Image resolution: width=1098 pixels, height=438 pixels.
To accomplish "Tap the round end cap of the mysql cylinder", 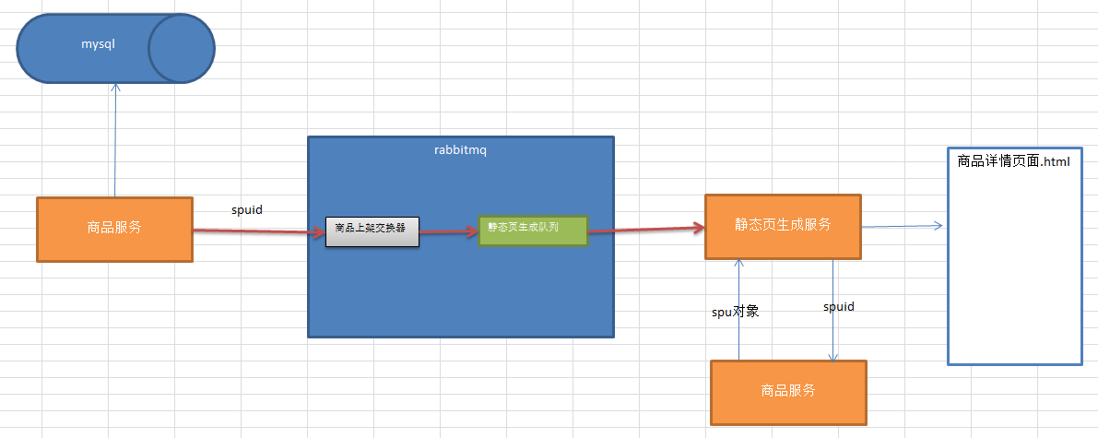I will coord(181,48).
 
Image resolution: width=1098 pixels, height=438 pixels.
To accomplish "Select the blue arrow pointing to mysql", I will coord(115,138).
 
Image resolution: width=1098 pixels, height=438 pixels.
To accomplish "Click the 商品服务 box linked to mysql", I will coord(114,229).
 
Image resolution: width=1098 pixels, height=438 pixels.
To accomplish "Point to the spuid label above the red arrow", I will coord(246,210).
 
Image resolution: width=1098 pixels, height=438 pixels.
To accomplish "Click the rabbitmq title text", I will coord(459,150).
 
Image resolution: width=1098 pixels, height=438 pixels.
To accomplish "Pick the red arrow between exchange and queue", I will coord(448,231).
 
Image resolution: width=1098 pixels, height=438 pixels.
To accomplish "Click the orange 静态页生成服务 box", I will coord(782,226).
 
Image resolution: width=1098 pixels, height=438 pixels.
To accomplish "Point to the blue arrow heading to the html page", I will coord(902,226).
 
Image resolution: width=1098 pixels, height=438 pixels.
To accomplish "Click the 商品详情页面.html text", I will coord(1013,162).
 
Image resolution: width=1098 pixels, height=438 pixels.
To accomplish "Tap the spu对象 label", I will coord(736,312).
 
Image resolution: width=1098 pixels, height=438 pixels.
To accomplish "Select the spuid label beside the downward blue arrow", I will coord(838,307).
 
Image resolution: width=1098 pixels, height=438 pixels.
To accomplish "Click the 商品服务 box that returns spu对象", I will coord(788,390).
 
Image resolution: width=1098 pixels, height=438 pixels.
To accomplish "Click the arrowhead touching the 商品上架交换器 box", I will coord(319,231).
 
